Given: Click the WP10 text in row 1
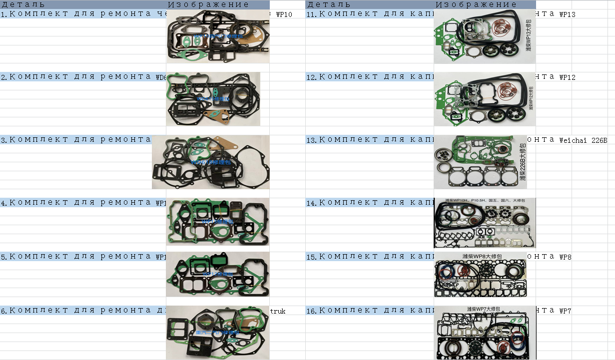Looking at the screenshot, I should (x=284, y=14).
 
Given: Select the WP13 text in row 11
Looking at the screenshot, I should (x=567, y=14).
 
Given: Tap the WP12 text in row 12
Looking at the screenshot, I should (x=567, y=77).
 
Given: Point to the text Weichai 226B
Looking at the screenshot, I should (x=583, y=140).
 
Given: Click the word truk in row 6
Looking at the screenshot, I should (x=278, y=311).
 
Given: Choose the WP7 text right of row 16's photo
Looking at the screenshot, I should (x=565, y=311).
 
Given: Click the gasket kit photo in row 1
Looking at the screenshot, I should (x=218, y=36).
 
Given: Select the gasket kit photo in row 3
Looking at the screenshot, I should (x=210, y=162).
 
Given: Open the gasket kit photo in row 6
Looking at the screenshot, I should (x=218, y=333).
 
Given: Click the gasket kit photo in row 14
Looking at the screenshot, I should (x=485, y=223).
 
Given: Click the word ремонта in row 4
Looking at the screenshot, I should (x=125, y=203).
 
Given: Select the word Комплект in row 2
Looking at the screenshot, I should (x=38, y=77).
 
